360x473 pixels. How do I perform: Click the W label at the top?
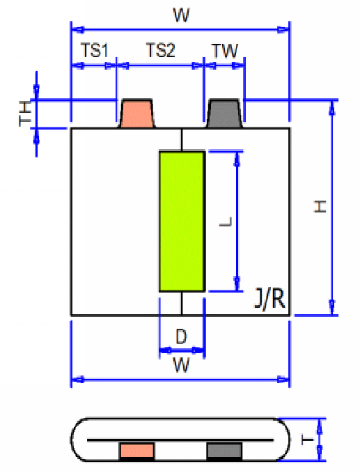[181, 15]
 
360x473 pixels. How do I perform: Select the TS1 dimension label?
[94, 51]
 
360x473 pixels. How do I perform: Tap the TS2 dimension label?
[160, 51]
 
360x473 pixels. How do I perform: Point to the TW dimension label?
[224, 51]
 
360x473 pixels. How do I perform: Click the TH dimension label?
[25, 114]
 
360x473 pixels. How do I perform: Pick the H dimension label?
[320, 207]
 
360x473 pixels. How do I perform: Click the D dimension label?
[180, 337]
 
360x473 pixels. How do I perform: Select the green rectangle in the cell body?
[182, 220]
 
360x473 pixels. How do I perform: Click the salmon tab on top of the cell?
[137, 114]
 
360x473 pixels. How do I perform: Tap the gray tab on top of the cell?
[225, 114]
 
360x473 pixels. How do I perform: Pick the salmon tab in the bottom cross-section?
[136, 451]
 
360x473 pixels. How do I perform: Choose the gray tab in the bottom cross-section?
[224, 451]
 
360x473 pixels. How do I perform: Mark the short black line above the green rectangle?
[182, 140]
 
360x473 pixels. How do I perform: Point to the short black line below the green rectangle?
[182, 302]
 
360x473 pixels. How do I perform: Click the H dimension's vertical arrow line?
[333, 207]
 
